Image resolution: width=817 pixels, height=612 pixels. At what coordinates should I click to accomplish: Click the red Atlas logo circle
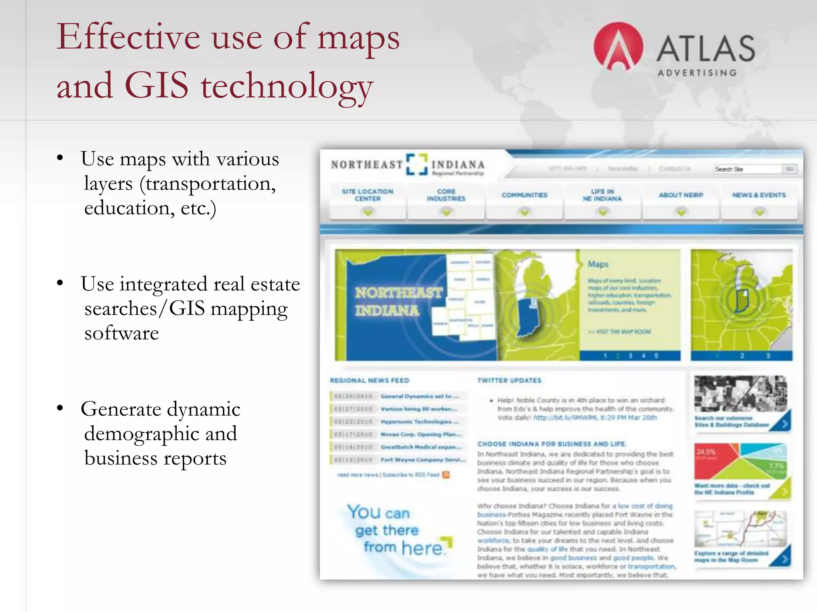point(618,47)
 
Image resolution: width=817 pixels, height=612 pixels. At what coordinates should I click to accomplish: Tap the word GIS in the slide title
point(156,85)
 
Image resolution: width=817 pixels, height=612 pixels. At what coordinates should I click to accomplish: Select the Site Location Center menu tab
point(367,195)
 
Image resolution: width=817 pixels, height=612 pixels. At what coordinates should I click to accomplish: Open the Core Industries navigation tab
point(446,195)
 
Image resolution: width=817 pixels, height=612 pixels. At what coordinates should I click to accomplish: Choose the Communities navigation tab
point(524,195)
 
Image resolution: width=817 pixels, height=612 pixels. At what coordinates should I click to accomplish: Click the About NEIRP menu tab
point(681,195)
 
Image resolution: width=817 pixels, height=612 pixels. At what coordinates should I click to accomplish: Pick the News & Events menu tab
point(759,195)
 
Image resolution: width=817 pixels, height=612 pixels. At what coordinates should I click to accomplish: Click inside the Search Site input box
point(747,169)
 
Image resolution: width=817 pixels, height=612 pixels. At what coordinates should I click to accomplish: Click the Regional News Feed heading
point(369,381)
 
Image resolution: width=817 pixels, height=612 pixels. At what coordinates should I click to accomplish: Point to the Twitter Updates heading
point(509,381)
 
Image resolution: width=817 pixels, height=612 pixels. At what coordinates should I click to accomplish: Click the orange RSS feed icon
point(446,475)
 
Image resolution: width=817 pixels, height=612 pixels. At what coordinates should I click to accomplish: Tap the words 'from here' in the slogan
point(403,548)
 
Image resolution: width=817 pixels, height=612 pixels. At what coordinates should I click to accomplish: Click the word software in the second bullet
point(122,333)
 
